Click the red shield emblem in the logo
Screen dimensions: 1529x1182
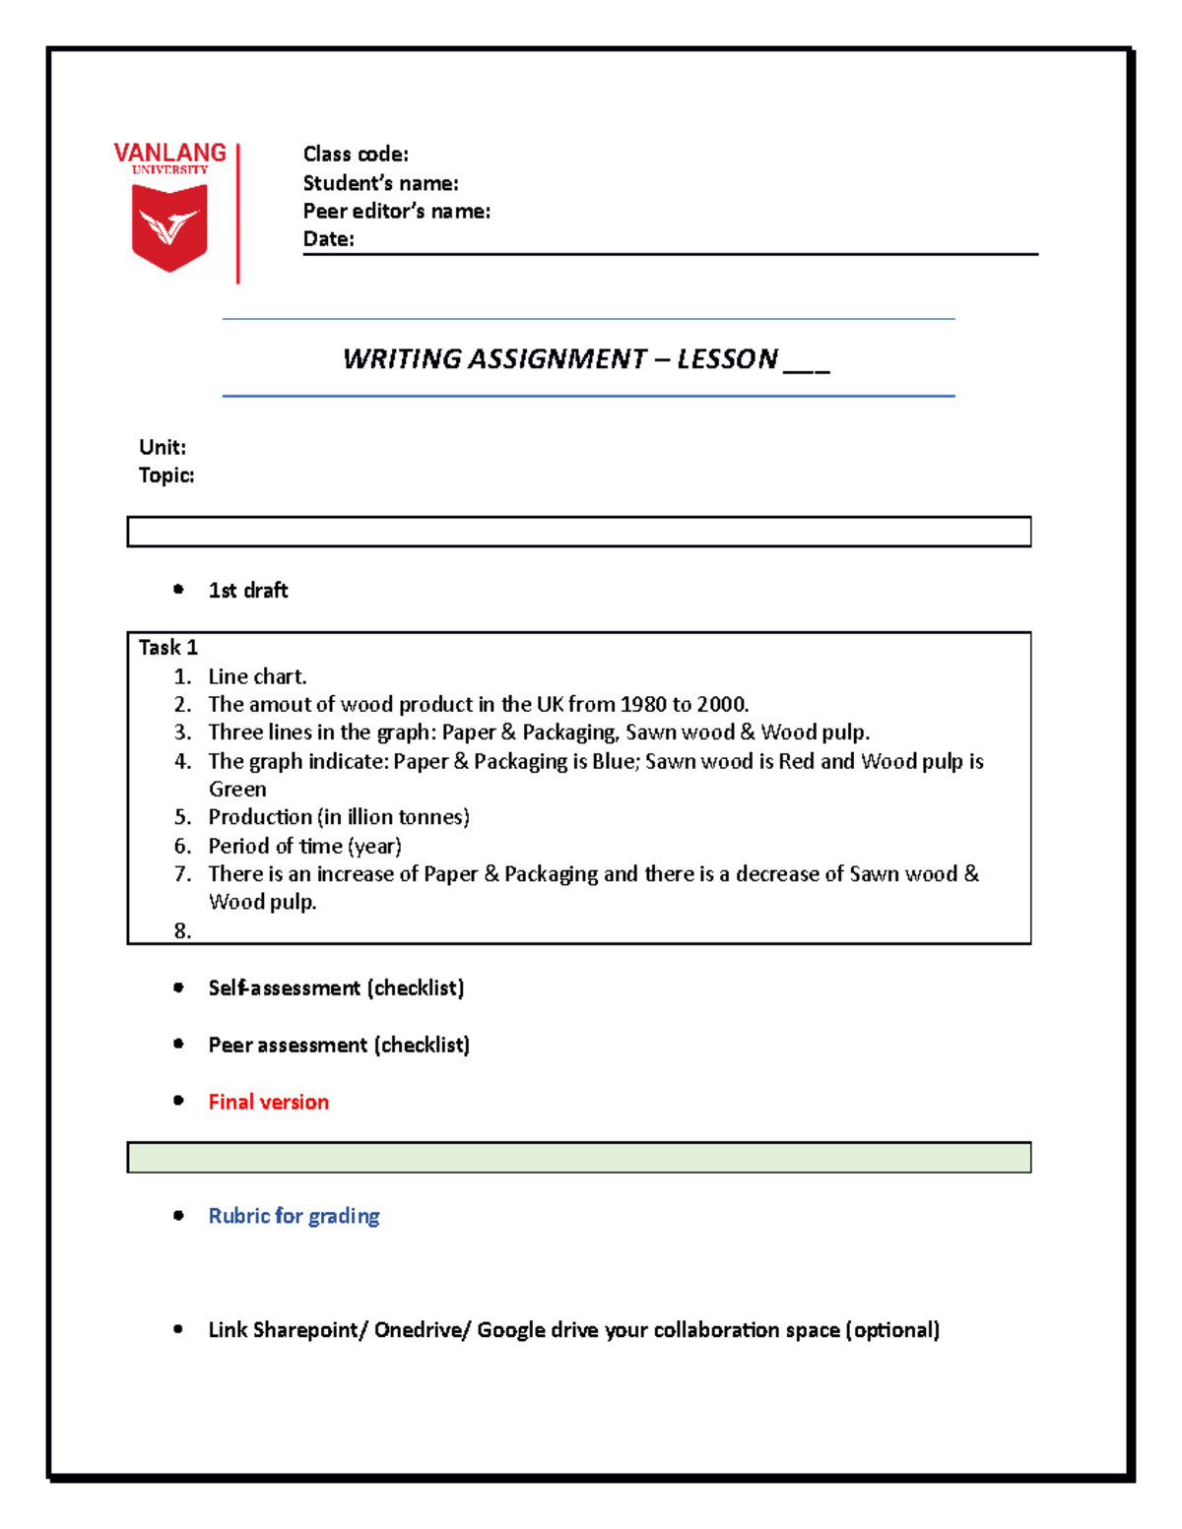pyautogui.click(x=169, y=227)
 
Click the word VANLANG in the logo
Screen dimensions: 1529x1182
pyautogui.click(x=169, y=153)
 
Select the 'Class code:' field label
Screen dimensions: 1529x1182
pyautogui.click(x=356, y=154)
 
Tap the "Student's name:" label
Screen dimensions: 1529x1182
pyautogui.click(x=380, y=183)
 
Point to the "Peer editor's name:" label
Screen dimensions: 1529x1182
pyautogui.click(x=396, y=211)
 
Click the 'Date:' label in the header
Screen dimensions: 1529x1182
pyautogui.click(x=328, y=238)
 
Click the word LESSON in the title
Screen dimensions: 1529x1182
pyautogui.click(x=727, y=358)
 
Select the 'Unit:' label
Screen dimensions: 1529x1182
pyautogui.click(x=163, y=447)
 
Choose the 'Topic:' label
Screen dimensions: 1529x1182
pyautogui.click(x=166, y=476)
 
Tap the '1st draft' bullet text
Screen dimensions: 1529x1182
pyautogui.click(x=248, y=590)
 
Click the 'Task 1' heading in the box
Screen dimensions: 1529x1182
pyautogui.click(x=167, y=647)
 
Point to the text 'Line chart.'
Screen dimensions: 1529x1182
pyautogui.click(x=257, y=676)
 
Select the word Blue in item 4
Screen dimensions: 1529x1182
pyautogui.click(x=613, y=761)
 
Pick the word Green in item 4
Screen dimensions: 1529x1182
pyautogui.click(x=237, y=789)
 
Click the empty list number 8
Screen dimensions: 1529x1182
pyautogui.click(x=182, y=930)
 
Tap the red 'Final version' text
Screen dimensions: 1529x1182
pyautogui.click(x=268, y=1102)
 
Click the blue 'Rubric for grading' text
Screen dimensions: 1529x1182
pyautogui.click(x=294, y=1216)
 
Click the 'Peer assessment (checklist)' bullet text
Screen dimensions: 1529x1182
pyautogui.click(x=339, y=1045)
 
